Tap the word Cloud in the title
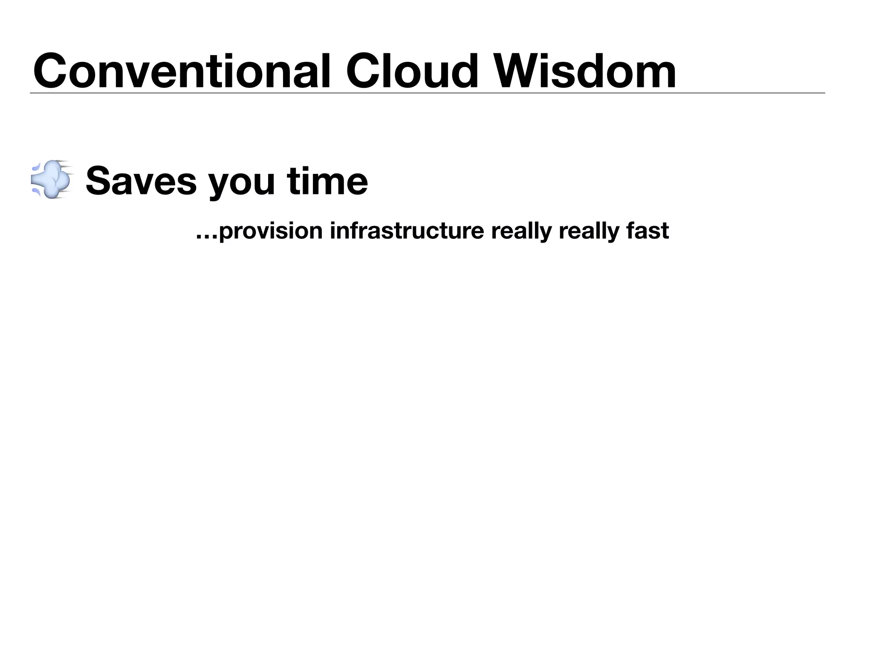point(412,71)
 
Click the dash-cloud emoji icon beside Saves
point(52,180)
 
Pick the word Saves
point(141,181)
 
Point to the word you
point(241,184)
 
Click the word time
point(327,181)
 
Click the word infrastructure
point(407,231)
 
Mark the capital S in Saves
point(99,181)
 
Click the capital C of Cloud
point(365,71)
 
